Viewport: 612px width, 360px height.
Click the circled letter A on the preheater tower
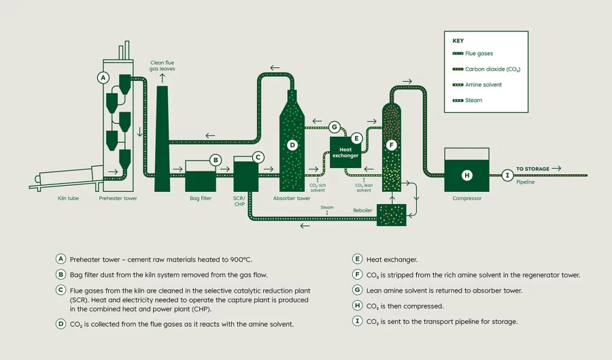coord(103,78)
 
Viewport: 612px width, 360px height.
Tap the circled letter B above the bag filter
coord(216,161)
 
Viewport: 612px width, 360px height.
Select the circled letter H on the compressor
coord(466,176)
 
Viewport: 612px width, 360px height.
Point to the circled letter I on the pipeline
coord(507,176)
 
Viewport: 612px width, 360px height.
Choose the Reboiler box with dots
coord(390,214)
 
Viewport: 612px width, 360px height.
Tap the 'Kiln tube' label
coord(69,199)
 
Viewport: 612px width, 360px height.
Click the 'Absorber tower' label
coord(292,199)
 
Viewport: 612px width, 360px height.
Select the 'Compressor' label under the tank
coord(466,199)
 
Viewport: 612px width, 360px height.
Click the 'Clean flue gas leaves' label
coord(162,66)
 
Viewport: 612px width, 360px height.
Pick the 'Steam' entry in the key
coord(473,100)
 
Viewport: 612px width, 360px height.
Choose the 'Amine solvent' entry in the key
coord(483,84)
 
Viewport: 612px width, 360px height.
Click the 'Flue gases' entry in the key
coord(479,53)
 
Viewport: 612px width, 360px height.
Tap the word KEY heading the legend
coord(458,40)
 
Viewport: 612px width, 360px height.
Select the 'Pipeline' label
coord(526,182)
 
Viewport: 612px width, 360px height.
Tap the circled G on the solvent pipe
coord(334,127)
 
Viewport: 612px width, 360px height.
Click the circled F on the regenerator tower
coord(390,145)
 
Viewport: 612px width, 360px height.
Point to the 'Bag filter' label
coord(200,199)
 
